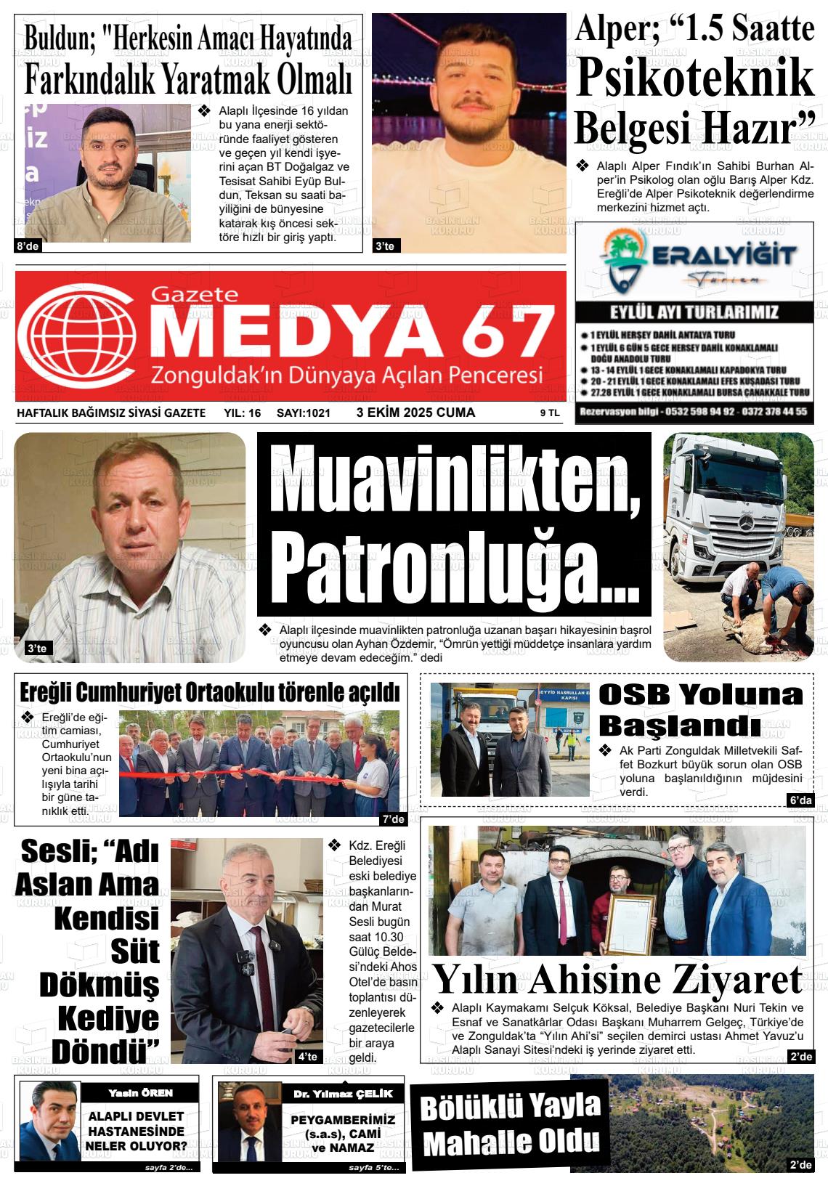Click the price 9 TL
pyautogui.click(x=549, y=413)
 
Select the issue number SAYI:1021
pyautogui.click(x=304, y=413)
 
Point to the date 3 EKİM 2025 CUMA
pyautogui.click(x=415, y=413)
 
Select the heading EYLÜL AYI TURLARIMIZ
pyautogui.click(x=694, y=313)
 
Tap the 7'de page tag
pyautogui.click(x=393, y=819)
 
